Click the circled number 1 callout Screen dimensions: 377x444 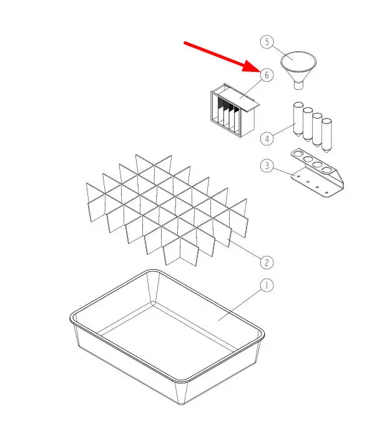coord(267,285)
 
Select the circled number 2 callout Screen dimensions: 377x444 coord(267,262)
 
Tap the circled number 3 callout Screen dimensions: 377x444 coord(267,165)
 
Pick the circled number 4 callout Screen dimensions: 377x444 coord(267,139)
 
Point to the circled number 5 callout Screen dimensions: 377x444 coord(267,42)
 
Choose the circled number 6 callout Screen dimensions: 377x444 coord(267,75)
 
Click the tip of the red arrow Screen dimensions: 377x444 coord(258,71)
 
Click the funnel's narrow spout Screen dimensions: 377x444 coord(298,85)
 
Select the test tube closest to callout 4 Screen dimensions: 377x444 coord(298,119)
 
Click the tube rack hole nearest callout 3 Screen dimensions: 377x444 coord(298,154)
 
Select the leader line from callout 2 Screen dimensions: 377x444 coord(244,249)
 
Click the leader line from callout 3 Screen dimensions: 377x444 coord(285,172)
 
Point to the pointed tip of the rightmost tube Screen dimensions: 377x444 coord(326,152)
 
